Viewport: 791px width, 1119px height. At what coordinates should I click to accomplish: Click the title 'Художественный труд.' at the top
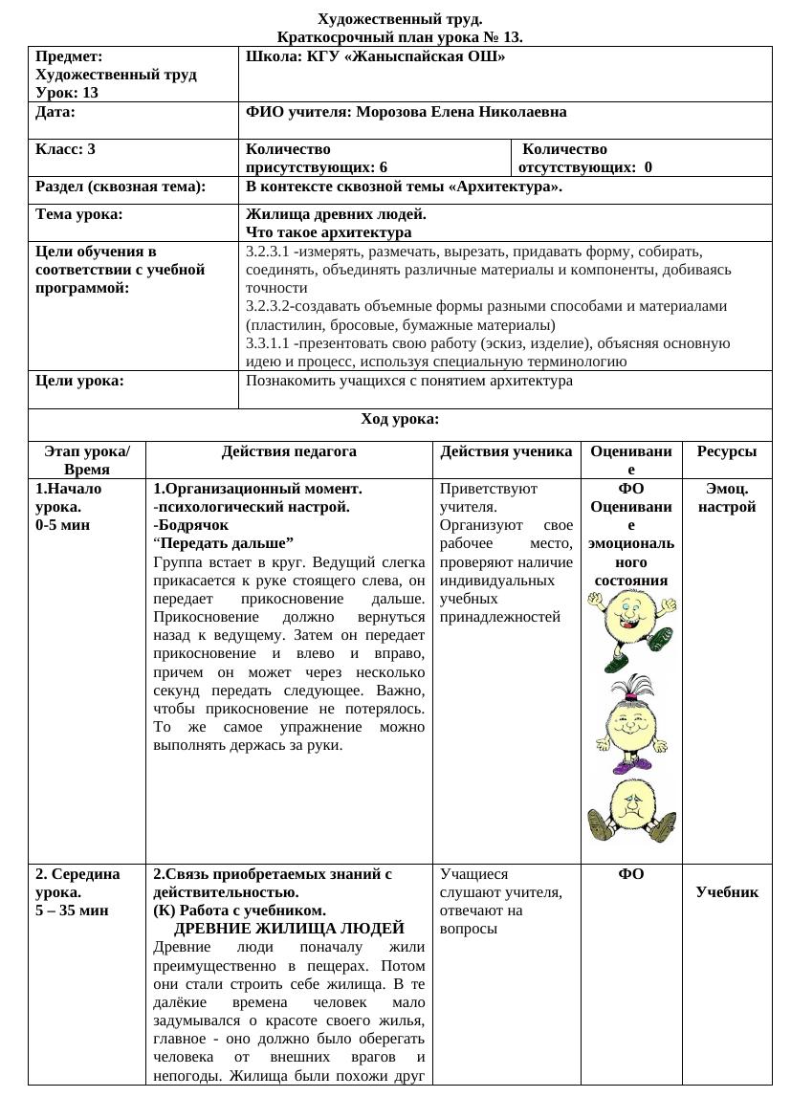399,19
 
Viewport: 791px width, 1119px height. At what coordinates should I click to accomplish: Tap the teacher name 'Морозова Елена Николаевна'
461,112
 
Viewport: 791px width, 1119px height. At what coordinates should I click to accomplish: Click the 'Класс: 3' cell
65,149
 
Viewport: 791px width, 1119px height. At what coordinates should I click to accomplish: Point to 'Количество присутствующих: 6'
317,158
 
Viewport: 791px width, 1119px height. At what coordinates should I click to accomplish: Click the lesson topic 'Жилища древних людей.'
336,214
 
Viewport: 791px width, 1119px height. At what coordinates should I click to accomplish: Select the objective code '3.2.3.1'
268,252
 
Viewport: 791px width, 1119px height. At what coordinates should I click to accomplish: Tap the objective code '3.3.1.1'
268,343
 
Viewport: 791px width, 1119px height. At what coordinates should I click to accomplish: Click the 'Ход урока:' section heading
400,419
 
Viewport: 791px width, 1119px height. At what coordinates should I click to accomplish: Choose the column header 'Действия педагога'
289,451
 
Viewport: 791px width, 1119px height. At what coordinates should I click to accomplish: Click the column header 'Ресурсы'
726,451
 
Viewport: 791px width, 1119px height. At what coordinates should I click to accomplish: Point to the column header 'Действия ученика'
506,451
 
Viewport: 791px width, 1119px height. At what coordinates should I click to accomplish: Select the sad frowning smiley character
631,809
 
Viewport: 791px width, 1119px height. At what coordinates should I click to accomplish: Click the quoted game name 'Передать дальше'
226,543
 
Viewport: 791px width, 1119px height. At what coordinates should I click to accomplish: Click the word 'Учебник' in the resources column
727,892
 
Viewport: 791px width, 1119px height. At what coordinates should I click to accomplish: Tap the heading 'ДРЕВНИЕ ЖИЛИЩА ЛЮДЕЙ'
289,929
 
